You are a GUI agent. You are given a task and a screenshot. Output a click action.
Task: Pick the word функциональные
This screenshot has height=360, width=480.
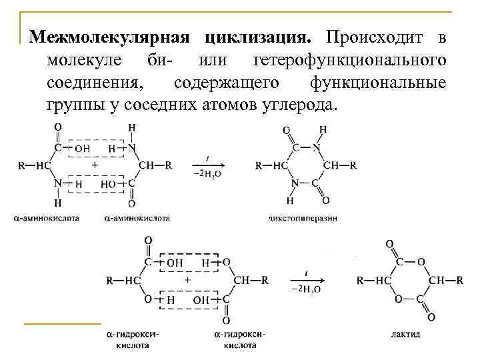pyautogui.click(x=377, y=83)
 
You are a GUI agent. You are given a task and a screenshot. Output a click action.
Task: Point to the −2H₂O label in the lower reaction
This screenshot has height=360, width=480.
pyautogui.click(x=307, y=289)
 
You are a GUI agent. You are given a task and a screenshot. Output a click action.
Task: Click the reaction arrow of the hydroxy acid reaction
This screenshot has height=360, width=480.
pyautogui.click(x=307, y=280)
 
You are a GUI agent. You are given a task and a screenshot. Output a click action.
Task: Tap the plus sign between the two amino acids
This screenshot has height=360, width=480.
pyautogui.click(x=95, y=164)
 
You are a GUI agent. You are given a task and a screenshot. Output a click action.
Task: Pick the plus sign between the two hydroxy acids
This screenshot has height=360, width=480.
pyautogui.click(x=187, y=280)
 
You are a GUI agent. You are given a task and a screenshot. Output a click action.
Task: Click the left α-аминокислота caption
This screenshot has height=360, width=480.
pyautogui.click(x=46, y=218)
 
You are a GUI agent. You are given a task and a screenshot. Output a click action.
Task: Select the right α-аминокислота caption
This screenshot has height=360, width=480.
pyautogui.click(x=137, y=218)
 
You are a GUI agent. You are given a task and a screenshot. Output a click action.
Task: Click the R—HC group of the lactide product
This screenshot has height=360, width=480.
pyautogui.click(x=375, y=280)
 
